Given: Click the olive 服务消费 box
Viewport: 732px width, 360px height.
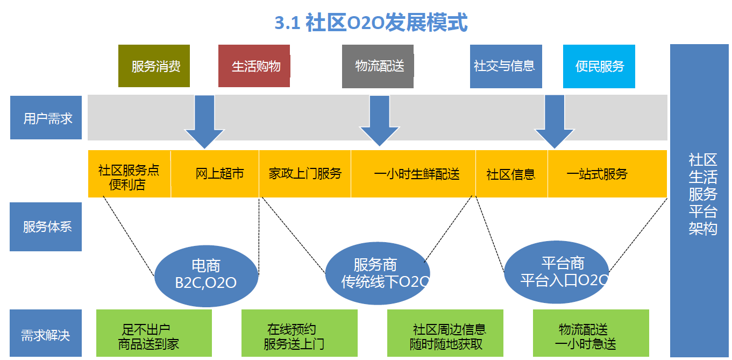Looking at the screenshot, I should tap(154, 66).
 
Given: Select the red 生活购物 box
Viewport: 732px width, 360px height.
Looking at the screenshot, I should tap(254, 66).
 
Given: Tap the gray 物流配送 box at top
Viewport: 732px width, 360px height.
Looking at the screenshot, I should tap(378, 66).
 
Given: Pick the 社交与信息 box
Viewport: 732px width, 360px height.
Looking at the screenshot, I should tap(506, 66).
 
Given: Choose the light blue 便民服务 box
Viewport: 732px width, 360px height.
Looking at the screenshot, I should tap(599, 66).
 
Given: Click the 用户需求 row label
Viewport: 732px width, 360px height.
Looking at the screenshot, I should tap(46, 118).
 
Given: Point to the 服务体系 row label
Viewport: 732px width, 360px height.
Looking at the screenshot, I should tap(46, 227).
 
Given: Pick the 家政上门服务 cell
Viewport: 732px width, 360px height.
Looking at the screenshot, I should tap(305, 174).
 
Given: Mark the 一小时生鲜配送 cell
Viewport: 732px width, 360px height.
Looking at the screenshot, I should tap(414, 174).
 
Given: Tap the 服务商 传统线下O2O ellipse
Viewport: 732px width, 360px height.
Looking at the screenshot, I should tap(377, 273).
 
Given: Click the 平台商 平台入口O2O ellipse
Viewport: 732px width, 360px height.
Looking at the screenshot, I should tap(556, 272).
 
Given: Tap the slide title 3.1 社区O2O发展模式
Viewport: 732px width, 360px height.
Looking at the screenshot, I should tap(371, 23).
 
